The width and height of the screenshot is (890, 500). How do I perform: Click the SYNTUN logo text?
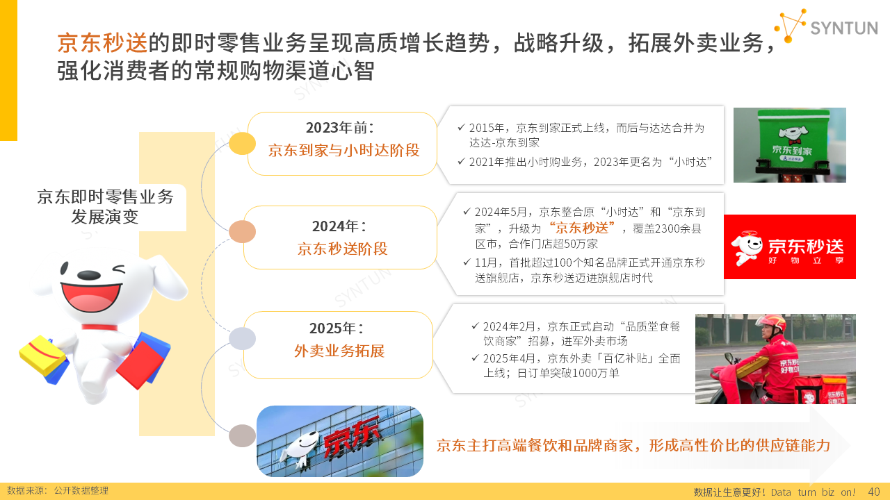844,28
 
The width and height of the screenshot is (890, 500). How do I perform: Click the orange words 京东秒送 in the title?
102,42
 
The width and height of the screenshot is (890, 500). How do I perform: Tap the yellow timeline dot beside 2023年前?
242,143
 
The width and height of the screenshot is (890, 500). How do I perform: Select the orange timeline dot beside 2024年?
242,231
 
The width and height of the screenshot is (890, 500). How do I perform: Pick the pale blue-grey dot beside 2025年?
242,338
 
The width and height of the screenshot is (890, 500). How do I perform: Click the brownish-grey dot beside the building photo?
242,435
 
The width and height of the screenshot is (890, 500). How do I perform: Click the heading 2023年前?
340,128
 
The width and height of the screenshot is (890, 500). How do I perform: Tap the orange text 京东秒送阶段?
343,249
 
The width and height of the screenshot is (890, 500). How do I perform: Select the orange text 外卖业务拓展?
339,351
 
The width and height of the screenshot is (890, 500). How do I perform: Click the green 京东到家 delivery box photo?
789,145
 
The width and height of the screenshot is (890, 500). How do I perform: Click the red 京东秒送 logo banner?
789,247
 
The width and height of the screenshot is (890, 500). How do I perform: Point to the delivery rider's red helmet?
772,324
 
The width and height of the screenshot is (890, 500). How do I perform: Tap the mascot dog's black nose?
88,275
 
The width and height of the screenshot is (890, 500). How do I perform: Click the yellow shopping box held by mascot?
42,355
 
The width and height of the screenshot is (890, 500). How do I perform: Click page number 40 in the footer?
874,492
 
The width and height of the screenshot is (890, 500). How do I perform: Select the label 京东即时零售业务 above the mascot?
105,197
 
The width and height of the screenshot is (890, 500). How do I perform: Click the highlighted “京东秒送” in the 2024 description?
583,228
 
